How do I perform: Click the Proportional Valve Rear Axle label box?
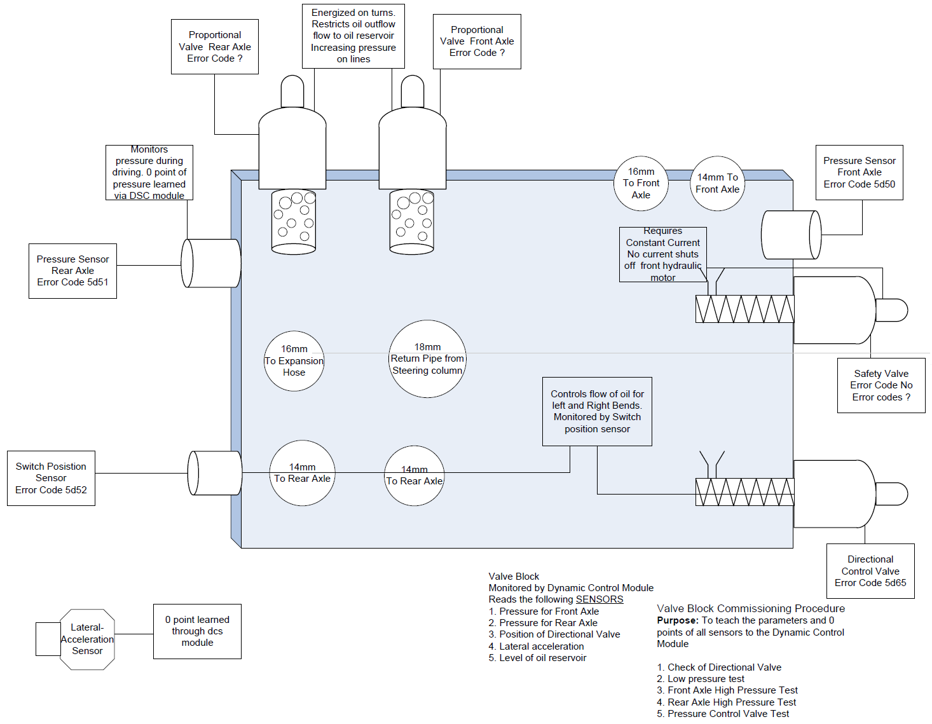[x=215, y=46]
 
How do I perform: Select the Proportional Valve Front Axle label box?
[x=477, y=41]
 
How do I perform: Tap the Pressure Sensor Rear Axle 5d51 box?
[x=72, y=271]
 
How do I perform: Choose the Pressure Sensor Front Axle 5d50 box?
[x=859, y=172]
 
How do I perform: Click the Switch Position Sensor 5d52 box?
[x=51, y=478]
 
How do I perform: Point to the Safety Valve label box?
[x=881, y=385]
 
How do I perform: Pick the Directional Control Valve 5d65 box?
[x=870, y=571]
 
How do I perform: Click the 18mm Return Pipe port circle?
[x=427, y=359]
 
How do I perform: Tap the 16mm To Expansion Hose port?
[x=294, y=361]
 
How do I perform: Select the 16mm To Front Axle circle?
[x=641, y=183]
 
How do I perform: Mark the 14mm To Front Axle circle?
[x=717, y=184]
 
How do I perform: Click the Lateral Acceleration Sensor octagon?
[x=87, y=639]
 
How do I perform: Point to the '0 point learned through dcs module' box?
[x=197, y=631]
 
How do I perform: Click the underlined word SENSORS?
[x=600, y=599]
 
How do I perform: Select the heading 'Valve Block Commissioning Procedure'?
[x=751, y=608]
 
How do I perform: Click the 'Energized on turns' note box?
[x=353, y=36]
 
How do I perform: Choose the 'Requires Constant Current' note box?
[x=662, y=254]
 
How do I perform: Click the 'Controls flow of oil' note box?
[x=597, y=411]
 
